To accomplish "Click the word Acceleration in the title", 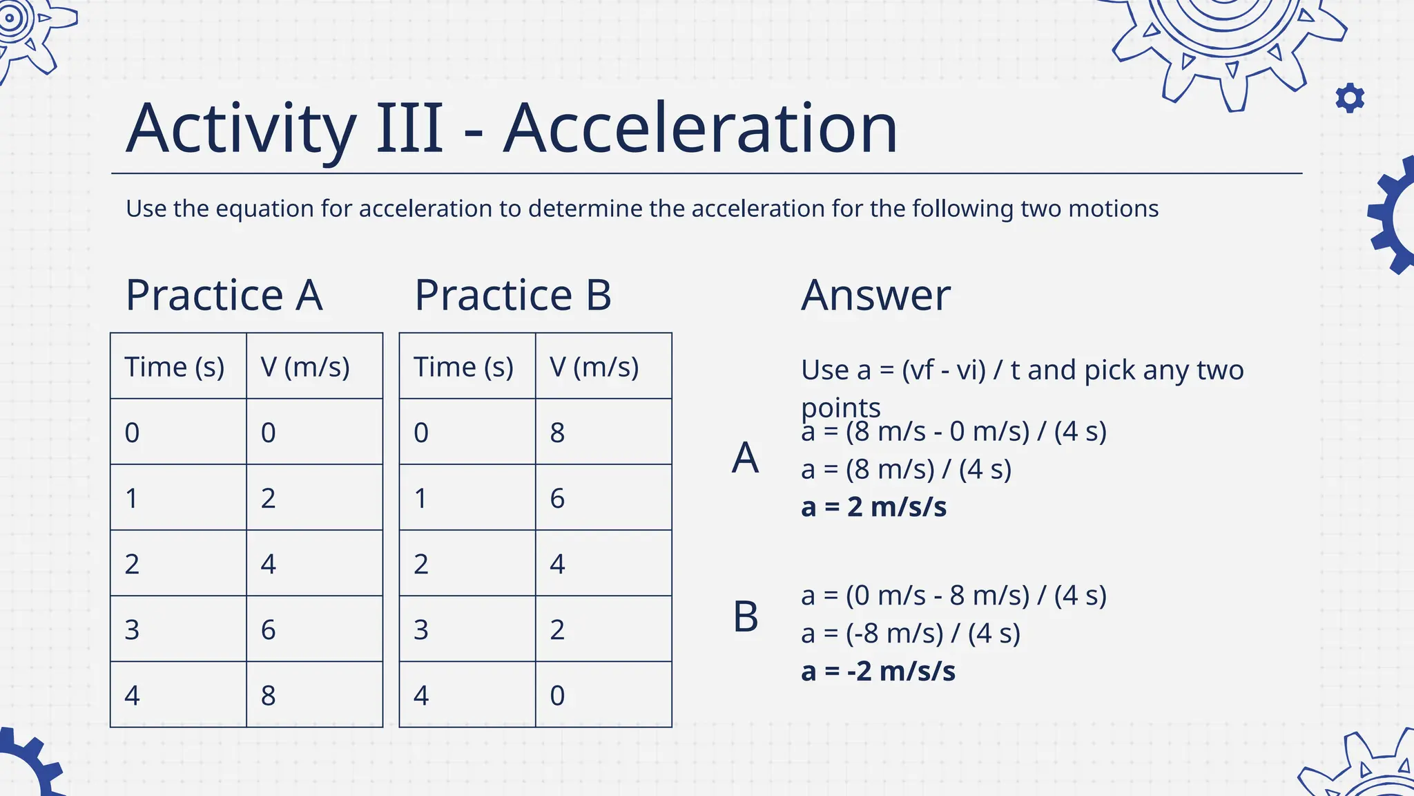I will [700, 129].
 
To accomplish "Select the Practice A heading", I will [224, 295].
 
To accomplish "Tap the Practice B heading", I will [512, 295].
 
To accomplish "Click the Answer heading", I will [875, 295].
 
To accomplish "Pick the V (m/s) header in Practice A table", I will [305, 367].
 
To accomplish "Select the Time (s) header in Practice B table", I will [463, 367].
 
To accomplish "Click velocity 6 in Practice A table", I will [269, 629].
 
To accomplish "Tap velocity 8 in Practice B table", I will [557, 433].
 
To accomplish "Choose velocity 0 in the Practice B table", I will [557, 695].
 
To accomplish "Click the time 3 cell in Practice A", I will [132, 629].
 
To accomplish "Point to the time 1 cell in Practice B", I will [420, 498].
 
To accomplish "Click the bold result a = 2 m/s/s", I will [873, 507].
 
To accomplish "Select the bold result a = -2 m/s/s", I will [878, 671].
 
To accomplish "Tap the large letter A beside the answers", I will [745, 457].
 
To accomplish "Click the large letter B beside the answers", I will [746, 616].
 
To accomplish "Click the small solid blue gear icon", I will [1350, 98].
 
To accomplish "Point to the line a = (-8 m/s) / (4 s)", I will [910, 633].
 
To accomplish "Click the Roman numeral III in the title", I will [409, 129].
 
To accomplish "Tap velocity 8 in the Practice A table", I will [269, 695].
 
